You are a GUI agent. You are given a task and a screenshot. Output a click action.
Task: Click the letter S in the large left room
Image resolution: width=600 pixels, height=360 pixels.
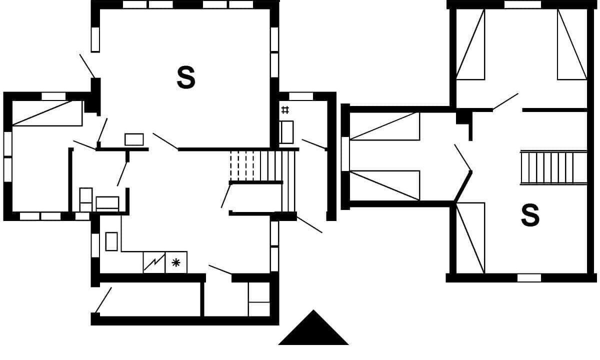coord(186,77)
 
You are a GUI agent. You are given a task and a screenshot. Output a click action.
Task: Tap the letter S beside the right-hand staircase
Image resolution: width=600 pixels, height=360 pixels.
coord(530,215)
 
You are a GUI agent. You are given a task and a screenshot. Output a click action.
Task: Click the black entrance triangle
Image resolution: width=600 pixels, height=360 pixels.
coord(313,327)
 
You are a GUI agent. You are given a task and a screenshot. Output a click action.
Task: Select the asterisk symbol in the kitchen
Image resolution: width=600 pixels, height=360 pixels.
coord(175,262)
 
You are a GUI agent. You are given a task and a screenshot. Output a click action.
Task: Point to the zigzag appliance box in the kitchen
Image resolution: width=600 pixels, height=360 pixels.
coord(154,262)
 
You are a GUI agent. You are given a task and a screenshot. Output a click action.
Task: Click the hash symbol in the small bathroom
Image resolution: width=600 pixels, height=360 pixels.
coord(285,110)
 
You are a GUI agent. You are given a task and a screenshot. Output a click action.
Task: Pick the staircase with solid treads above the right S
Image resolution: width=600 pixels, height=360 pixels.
coord(553,167)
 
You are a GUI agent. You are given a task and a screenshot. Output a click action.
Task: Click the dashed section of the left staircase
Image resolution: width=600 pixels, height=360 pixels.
coord(242,166)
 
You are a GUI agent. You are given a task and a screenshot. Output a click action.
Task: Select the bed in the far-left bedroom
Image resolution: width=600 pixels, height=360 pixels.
coord(47,113)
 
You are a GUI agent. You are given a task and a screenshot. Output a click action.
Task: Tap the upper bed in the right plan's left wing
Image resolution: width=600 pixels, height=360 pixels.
coord(384,126)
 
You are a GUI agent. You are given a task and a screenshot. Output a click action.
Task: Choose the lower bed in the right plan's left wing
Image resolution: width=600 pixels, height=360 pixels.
coord(384,185)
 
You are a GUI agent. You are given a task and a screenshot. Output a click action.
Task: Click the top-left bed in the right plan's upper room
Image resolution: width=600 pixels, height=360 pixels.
coord(470,44)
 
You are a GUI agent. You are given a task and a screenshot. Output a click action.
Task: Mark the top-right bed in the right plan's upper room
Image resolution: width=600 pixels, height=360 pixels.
coord(572,44)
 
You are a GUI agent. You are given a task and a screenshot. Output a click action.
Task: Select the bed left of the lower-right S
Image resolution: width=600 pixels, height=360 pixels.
coord(470,238)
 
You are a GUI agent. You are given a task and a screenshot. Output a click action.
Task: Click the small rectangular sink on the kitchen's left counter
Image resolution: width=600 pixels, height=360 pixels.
coord(111,241)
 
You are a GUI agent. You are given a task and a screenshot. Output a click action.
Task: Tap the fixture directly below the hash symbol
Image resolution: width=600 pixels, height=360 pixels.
coord(286,132)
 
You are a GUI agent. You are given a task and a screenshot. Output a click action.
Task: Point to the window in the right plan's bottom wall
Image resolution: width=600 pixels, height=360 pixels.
coord(529,278)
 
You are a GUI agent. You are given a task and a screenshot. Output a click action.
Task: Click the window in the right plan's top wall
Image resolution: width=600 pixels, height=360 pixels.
coord(522,4)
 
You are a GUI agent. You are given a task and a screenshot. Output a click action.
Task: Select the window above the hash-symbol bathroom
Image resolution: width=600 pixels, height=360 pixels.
coord(301,96)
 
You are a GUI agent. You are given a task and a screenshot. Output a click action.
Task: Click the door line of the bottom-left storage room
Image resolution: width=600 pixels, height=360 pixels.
coord(103,300)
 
